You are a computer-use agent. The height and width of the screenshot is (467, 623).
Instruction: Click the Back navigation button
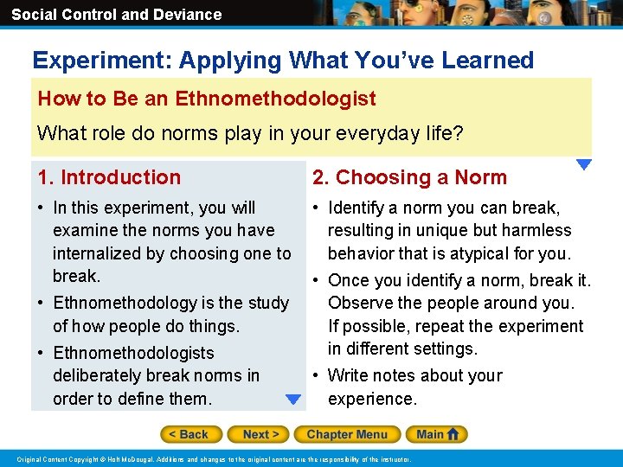click(190, 434)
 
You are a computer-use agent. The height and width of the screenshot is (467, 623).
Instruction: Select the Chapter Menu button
click(346, 434)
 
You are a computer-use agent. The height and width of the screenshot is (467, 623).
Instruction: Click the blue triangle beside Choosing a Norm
click(584, 164)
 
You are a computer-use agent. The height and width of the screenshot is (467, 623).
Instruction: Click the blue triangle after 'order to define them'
click(293, 400)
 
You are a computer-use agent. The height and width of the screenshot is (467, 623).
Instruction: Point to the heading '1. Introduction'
click(109, 177)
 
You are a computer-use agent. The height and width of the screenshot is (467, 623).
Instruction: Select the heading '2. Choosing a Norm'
click(409, 177)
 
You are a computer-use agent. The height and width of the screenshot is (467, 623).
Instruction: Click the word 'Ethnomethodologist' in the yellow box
click(275, 99)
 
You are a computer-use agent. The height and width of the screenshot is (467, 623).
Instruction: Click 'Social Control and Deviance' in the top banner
click(116, 15)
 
